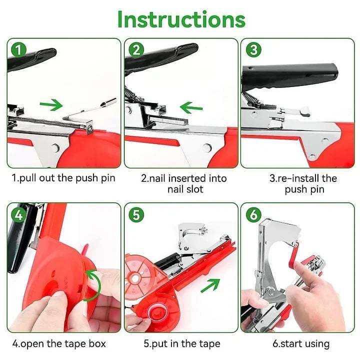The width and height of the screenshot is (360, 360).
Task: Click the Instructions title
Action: tap(181, 18)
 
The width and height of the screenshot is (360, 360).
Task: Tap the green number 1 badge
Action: tap(18, 50)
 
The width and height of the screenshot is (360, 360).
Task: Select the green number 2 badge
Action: tap(136, 50)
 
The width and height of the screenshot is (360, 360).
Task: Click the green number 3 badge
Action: tap(253, 50)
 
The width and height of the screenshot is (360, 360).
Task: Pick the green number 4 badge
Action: tap(18, 215)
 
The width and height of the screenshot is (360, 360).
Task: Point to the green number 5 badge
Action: tap(136, 215)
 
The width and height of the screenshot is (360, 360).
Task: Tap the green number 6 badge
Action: tap(253, 215)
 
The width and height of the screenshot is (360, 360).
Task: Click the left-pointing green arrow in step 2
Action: tap(191, 107)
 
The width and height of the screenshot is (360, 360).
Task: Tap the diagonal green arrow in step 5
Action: tap(210, 287)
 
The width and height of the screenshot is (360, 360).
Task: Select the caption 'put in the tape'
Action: tap(181, 343)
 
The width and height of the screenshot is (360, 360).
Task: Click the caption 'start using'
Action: tap(300, 343)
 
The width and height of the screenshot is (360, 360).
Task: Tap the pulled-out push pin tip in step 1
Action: tap(109, 102)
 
